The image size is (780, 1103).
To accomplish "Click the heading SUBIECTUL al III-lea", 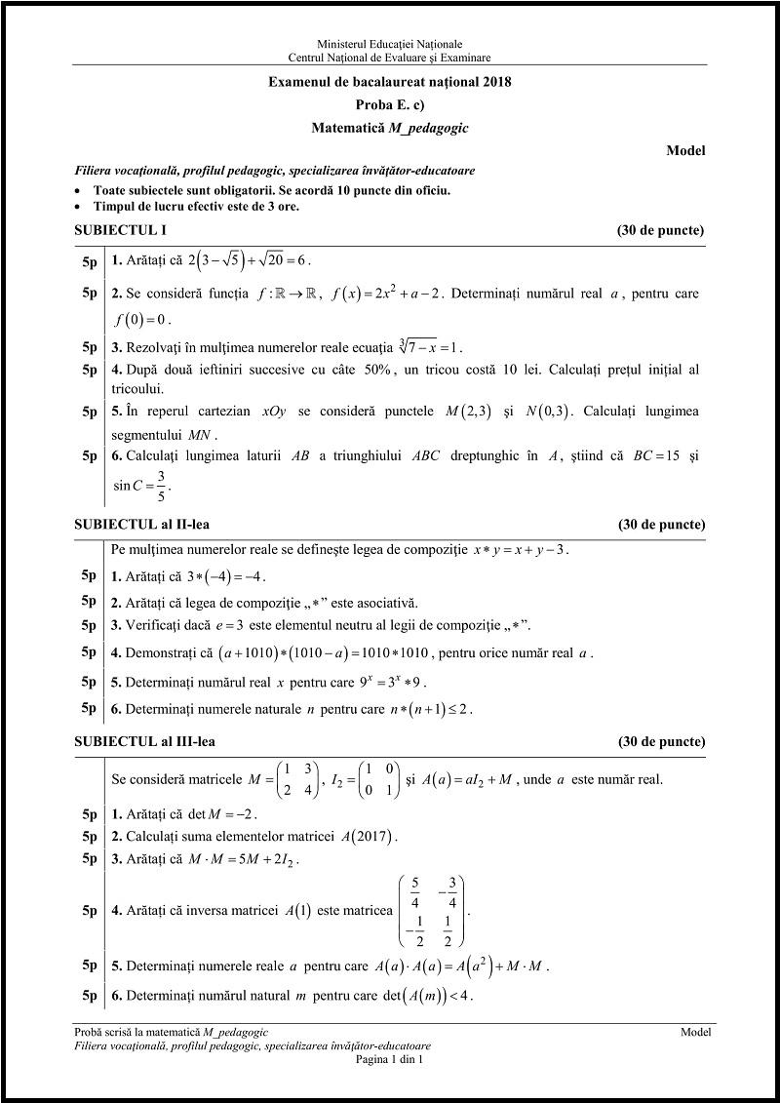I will [x=144, y=741].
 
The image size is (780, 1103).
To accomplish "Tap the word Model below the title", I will [x=685, y=150].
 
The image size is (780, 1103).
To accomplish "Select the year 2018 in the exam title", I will [x=494, y=82].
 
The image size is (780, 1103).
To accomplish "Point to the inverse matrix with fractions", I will [x=431, y=911].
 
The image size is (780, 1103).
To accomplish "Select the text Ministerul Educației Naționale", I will [x=389, y=44].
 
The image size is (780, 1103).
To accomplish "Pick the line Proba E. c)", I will [x=389, y=104].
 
